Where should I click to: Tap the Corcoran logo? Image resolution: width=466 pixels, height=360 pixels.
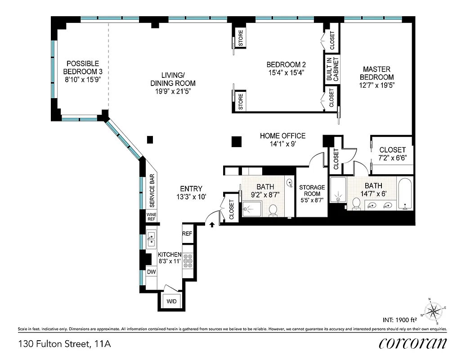(x=412, y=343)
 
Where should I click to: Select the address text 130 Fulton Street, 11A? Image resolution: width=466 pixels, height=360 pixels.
(x=64, y=344)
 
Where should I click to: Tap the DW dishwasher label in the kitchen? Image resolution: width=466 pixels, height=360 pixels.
(x=151, y=272)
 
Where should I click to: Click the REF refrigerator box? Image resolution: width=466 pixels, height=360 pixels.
(x=187, y=234)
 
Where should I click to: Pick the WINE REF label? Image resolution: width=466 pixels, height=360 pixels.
(x=151, y=217)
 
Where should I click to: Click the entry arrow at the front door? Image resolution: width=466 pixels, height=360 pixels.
(x=212, y=223)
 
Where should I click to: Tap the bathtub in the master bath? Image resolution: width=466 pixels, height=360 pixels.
(x=405, y=194)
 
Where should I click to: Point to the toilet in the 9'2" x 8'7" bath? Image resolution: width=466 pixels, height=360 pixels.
(x=273, y=210)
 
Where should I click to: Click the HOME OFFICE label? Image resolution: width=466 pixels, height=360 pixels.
(x=282, y=136)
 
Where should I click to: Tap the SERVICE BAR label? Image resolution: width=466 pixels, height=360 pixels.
(x=152, y=190)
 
